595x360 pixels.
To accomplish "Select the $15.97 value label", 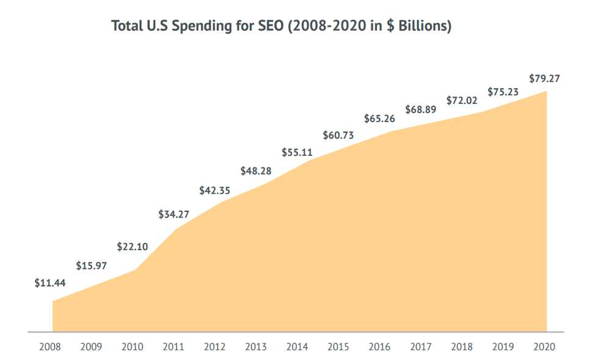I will [91, 266].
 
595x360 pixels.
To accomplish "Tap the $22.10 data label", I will [132, 247].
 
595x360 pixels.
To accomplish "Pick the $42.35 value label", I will [214, 191].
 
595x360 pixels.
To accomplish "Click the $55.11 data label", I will [297, 152].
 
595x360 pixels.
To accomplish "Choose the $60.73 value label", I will [338, 134].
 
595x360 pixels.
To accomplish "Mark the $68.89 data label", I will [420, 110].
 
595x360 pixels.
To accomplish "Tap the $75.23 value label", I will [503, 92].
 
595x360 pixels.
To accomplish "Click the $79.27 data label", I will [544, 78].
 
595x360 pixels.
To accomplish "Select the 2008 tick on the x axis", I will [50, 347].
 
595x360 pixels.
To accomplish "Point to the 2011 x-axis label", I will [173, 347].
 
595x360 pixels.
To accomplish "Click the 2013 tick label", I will [256, 347].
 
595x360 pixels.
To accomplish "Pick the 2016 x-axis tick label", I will [379, 347].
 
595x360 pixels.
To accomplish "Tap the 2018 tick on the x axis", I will [462, 347].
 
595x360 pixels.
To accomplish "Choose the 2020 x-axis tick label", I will [544, 347].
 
